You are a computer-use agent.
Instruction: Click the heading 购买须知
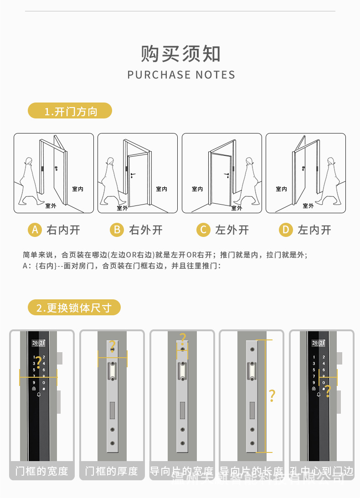[181, 54]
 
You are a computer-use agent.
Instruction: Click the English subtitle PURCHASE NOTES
[181, 75]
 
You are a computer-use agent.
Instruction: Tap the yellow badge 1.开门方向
[70, 111]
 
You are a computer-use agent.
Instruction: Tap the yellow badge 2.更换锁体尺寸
[74, 308]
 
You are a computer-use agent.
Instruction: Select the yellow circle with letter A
[35, 230]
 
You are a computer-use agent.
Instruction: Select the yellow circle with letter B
[117, 230]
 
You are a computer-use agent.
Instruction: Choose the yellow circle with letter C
[203, 230]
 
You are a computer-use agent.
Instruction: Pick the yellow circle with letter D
[286, 230]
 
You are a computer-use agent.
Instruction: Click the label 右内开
[63, 230]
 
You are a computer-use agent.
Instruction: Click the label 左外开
[232, 230]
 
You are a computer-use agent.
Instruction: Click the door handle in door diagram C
[226, 175]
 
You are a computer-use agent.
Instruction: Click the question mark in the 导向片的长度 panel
[272, 395]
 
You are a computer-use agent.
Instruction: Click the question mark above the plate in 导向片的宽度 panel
[183, 339]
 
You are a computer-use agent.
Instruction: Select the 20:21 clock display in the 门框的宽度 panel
[38, 343]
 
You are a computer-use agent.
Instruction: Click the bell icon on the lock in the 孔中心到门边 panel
[319, 395]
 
